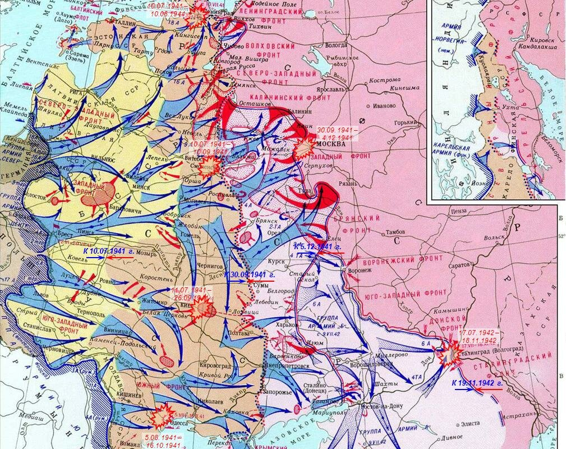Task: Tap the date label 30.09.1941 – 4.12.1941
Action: coord(337,132)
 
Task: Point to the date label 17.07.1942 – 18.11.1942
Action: coord(478,336)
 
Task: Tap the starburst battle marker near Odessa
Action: coord(162,415)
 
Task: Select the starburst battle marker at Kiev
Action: coord(203,309)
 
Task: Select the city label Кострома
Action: coord(385,80)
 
